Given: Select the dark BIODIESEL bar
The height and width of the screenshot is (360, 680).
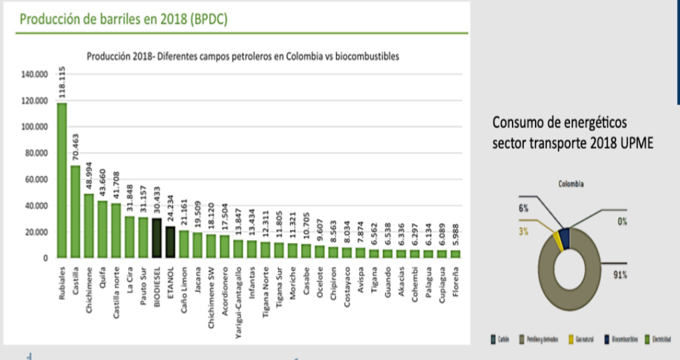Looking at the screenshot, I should click(157, 238).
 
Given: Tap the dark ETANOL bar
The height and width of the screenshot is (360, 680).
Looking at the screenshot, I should click(170, 242).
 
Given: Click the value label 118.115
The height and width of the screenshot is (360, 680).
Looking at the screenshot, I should click(62, 83).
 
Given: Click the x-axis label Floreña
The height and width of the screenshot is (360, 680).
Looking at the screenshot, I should click(455, 282).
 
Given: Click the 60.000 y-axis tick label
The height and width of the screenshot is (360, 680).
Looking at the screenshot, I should click(36, 179).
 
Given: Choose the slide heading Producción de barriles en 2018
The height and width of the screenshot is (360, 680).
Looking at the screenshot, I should click(123, 20).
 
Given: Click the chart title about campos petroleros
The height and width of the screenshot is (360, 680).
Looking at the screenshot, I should click(242, 57).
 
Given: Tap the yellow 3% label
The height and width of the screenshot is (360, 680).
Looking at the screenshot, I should click(523, 231).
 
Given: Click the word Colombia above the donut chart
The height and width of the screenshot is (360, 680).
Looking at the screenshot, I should click(571, 185).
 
